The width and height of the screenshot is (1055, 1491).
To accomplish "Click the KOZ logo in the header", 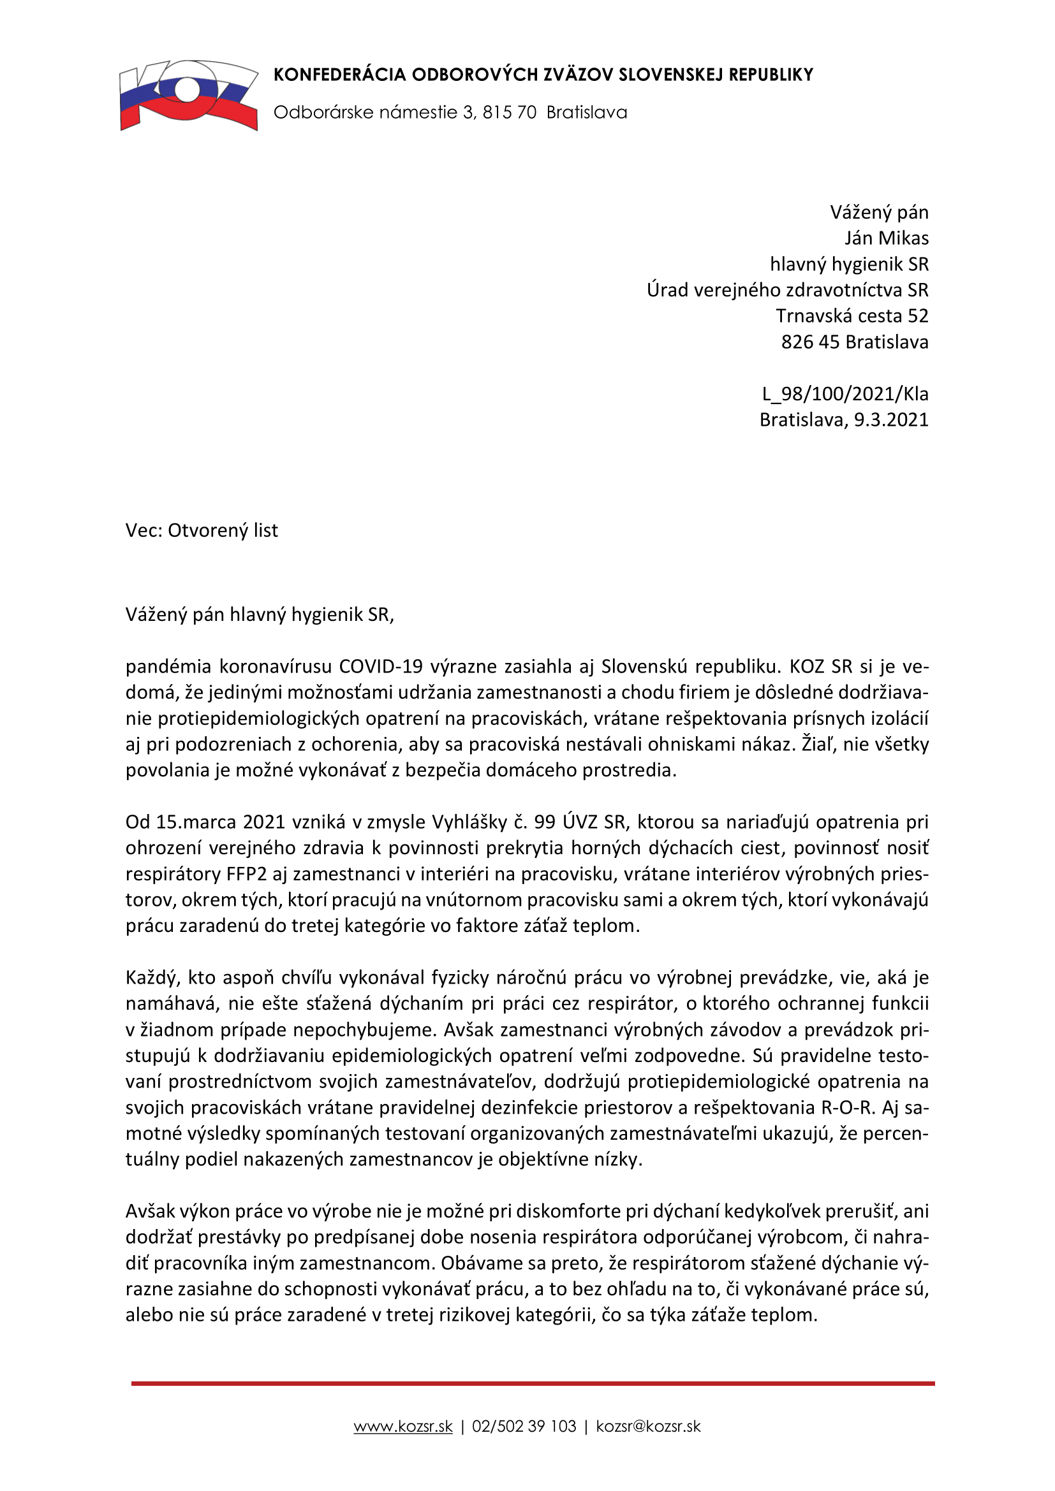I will coord(188,96).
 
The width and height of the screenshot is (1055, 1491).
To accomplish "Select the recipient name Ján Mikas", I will coord(886,238).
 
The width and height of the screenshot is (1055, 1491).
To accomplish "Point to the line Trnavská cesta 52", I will coord(852,316).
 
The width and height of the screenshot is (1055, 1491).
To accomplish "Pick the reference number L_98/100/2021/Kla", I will coord(845,394).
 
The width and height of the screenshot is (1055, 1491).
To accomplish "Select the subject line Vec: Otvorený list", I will coord(202,530).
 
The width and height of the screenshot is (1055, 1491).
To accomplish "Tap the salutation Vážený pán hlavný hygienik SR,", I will coord(260,615).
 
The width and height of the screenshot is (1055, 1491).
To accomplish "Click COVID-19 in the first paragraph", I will coord(381,667).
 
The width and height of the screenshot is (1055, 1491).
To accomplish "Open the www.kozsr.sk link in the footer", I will coord(402,1427).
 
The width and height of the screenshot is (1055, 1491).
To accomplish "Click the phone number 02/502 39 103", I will coord(524,1427).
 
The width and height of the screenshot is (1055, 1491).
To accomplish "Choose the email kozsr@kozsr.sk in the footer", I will coord(647,1427).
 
